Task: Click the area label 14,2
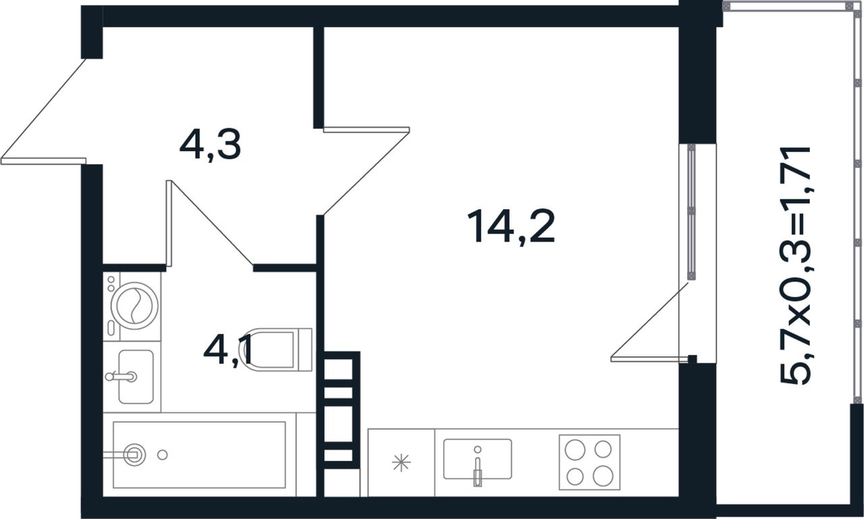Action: pos(511,227)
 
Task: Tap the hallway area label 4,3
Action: pos(210,145)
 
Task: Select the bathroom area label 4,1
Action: pos(228,351)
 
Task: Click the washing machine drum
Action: pos(134,306)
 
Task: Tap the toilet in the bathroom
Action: pos(276,350)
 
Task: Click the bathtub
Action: pos(199,455)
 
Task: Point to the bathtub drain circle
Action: pos(163,455)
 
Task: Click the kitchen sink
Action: pos(477,459)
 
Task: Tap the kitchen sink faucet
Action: pos(477,467)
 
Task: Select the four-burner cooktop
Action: pos(589,462)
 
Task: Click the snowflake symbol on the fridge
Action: pos(401,462)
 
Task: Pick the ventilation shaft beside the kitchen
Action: pos(338,410)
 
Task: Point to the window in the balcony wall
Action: pos(692,212)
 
